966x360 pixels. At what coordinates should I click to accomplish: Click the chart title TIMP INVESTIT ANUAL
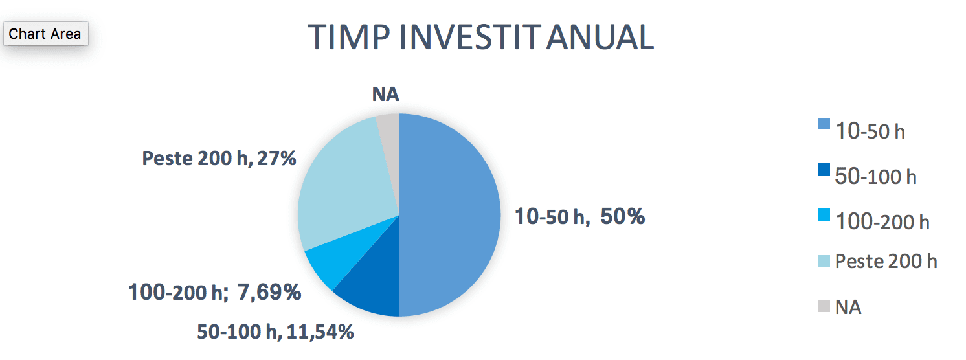(480, 38)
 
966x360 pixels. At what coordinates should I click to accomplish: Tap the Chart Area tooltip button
(46, 34)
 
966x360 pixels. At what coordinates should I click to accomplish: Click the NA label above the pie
(385, 95)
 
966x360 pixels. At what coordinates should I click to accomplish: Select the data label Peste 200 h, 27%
(219, 158)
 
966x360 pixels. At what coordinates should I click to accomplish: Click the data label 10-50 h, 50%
(580, 216)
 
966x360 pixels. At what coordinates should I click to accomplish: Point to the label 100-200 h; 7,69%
(215, 292)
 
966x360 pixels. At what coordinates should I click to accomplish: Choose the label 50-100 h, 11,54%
(275, 332)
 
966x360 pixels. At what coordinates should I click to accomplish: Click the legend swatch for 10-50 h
(824, 124)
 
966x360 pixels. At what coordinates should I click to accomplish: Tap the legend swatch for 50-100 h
(824, 170)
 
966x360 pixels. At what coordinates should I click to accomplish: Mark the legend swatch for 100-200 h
(824, 215)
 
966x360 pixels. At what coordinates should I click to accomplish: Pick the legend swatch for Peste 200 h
(824, 261)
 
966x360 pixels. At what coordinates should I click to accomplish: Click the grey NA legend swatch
(824, 306)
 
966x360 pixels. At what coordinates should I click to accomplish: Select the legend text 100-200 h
(882, 222)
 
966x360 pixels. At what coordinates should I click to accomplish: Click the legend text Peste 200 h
(886, 262)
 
